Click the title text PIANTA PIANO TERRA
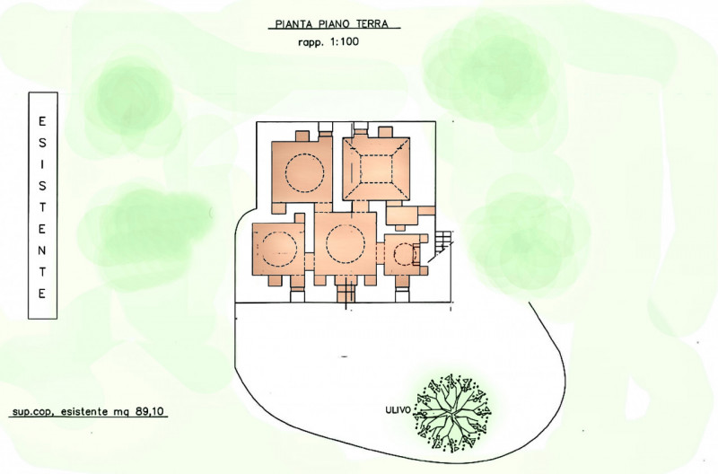pos(331,24)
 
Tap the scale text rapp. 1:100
pos(328,42)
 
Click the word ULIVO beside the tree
pos(398,410)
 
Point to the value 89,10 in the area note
pos(149,411)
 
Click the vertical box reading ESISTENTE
pos(42,206)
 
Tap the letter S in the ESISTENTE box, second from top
pos(42,144)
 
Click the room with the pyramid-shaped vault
pos(376,169)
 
